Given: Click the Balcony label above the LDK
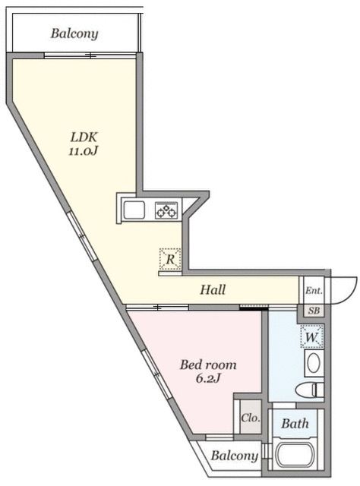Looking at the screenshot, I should click(x=74, y=33).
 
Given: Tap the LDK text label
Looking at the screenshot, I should click(x=83, y=137).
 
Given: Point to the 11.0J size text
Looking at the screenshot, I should click(x=83, y=152).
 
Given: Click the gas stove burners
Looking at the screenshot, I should click(x=166, y=210).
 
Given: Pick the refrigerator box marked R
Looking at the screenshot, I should click(x=170, y=260).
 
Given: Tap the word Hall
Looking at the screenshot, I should click(x=213, y=289).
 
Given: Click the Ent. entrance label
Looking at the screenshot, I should click(x=313, y=290).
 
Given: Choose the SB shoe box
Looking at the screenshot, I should click(x=313, y=310).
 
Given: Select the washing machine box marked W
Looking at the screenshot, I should click(x=311, y=335).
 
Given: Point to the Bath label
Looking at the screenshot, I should click(x=295, y=424).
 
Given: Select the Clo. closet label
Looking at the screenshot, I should click(x=248, y=417).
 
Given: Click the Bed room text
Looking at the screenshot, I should click(x=207, y=364).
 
